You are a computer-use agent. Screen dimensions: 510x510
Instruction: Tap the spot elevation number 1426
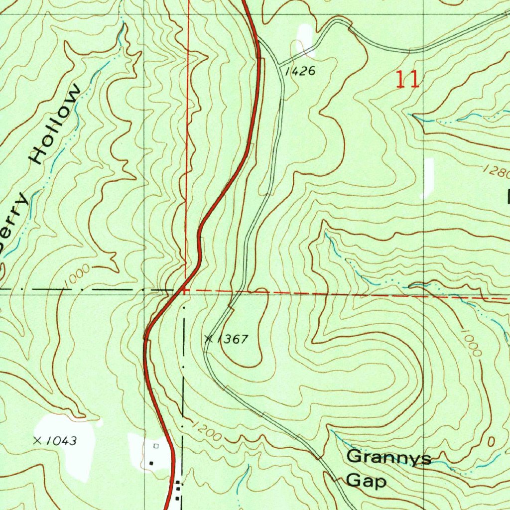tap(300, 72)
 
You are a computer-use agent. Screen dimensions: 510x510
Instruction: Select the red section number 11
tap(407, 80)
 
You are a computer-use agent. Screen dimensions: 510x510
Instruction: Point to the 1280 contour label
tap(496, 172)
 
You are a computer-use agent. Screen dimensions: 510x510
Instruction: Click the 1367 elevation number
tap(232, 340)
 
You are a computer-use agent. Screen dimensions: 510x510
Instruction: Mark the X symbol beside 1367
tap(209, 339)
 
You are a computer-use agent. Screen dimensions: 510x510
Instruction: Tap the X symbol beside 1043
tap(37, 440)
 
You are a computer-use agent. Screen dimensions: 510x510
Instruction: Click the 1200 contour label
tap(206, 430)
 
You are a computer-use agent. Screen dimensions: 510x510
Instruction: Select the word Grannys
tap(388, 457)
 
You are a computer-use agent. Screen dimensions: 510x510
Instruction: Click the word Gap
tap(366, 481)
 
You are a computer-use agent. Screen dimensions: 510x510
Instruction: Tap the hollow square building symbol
tap(156, 446)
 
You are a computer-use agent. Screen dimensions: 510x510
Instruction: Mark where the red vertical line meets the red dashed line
tap(186, 290)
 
